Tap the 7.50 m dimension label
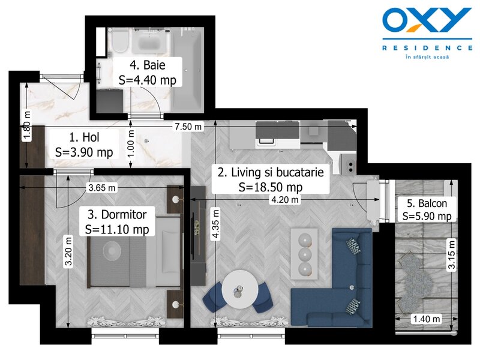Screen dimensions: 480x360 tap(188, 126)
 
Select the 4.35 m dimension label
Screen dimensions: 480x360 tap(216, 223)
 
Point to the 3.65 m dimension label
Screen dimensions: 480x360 tap(102, 187)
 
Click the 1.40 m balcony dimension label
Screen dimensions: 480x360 tap(427, 319)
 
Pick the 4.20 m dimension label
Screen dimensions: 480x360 tap(284, 200)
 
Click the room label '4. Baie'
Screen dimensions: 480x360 tap(148, 65)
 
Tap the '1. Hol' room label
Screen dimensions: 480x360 tap(84, 137)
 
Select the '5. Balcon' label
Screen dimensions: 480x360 tap(427, 203)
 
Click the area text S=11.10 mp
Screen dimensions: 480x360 tap(117, 229)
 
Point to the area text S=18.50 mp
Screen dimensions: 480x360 tap(271, 187)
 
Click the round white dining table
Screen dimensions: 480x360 tap(239, 289)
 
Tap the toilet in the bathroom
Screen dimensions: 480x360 tap(120, 42)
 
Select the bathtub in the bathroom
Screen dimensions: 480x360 tap(187, 69)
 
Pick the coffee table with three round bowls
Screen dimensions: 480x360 tap(304, 254)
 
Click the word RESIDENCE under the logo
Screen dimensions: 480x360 tap(427, 48)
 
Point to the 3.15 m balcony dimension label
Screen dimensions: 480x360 tap(452, 254)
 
